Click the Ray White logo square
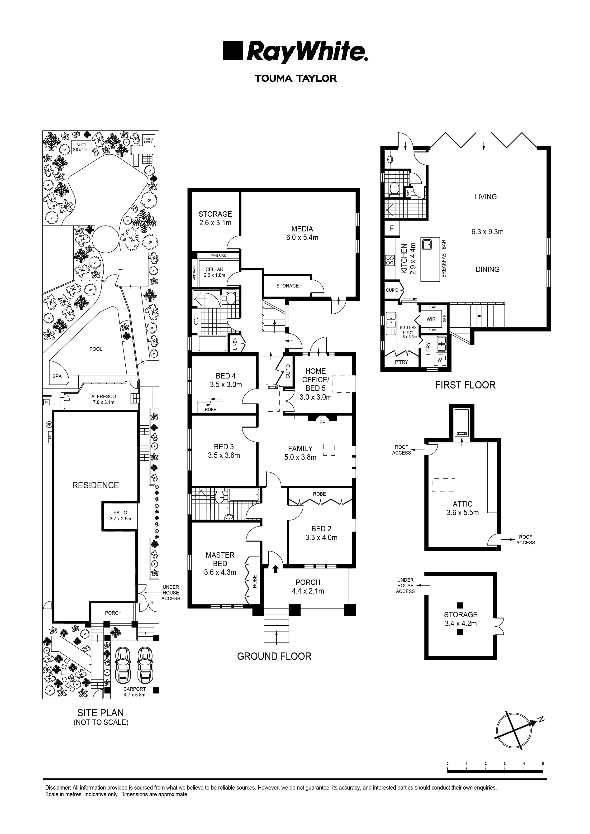[233, 51]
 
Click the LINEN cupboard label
[235, 344]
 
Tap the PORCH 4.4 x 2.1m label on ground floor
[308, 586]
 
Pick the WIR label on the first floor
[431, 319]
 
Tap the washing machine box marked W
[440, 360]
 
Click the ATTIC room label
[462, 504]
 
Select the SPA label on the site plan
[57, 376]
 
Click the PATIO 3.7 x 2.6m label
[120, 516]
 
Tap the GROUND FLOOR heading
[274, 656]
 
